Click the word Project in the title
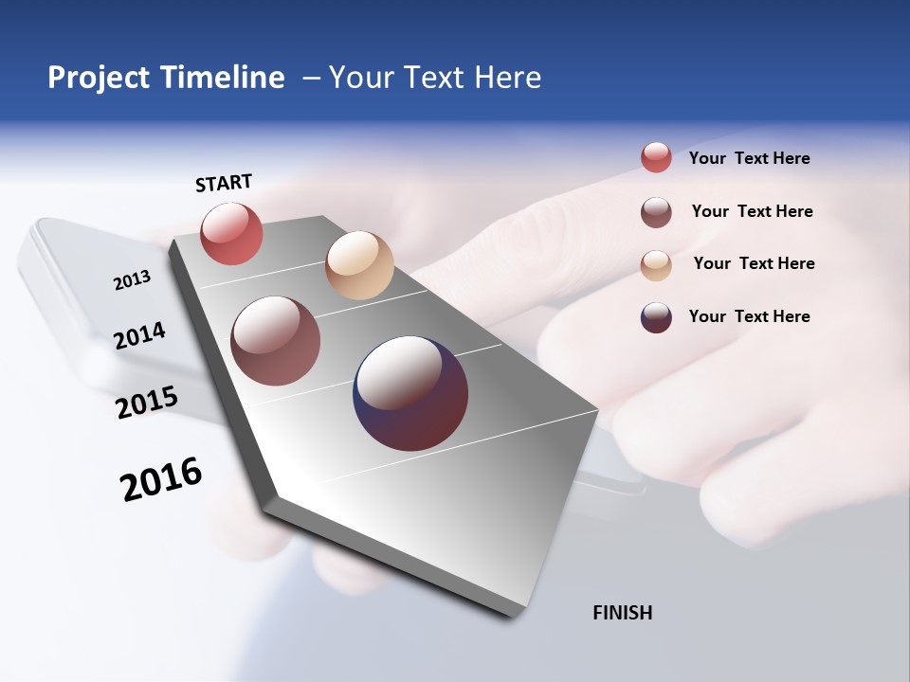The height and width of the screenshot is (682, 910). tap(100, 78)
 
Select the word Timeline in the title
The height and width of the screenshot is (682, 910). tap(222, 78)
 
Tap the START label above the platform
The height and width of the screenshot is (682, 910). tap(224, 183)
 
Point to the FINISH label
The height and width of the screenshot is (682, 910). tap(623, 613)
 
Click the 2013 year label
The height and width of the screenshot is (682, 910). tap(133, 280)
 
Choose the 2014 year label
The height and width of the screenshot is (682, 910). tap(140, 335)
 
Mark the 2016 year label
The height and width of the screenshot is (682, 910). tap(161, 479)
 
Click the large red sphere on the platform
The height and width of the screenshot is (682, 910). tap(231, 233)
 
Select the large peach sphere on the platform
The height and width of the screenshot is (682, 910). tap(359, 265)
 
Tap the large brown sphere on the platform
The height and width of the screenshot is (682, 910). tap(276, 341)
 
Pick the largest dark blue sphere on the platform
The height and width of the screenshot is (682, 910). tap(410, 393)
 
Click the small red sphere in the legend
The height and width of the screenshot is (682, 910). tap(656, 158)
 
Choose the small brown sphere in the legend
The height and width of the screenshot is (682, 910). tap(656, 212)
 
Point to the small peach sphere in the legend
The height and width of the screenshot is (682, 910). tap(656, 265)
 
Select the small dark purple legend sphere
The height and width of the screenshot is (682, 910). tap(656, 317)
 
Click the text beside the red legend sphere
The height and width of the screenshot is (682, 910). tap(750, 159)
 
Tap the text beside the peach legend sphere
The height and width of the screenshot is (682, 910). tap(754, 263)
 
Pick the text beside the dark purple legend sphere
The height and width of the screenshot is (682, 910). tap(750, 316)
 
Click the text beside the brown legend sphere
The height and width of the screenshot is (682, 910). tap(753, 211)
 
